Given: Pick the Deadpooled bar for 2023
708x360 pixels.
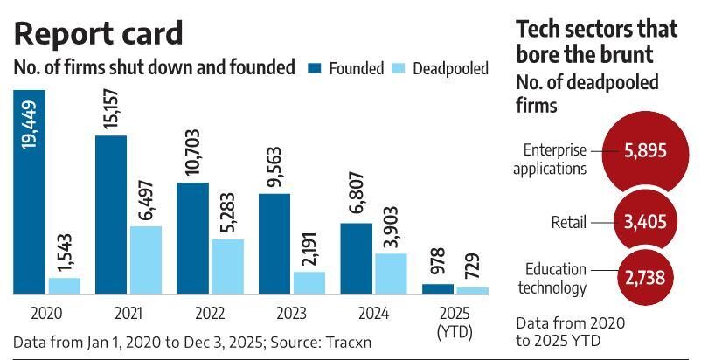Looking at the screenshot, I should point(309,283).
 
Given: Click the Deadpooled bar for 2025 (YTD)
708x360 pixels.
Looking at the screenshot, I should point(472,290).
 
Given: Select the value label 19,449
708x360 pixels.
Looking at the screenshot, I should point(30,122).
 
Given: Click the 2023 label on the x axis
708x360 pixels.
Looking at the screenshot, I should point(291,311).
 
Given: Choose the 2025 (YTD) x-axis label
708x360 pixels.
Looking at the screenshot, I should point(455,318).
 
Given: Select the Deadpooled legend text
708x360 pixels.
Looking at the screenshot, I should point(450,68).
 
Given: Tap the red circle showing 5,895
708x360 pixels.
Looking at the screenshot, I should point(644,150).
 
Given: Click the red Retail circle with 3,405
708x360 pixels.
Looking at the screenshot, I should point(644,222).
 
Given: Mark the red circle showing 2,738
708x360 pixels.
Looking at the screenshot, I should point(645,278).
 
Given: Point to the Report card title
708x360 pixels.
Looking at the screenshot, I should point(99,32).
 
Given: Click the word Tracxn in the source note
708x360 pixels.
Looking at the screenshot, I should point(345,342).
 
